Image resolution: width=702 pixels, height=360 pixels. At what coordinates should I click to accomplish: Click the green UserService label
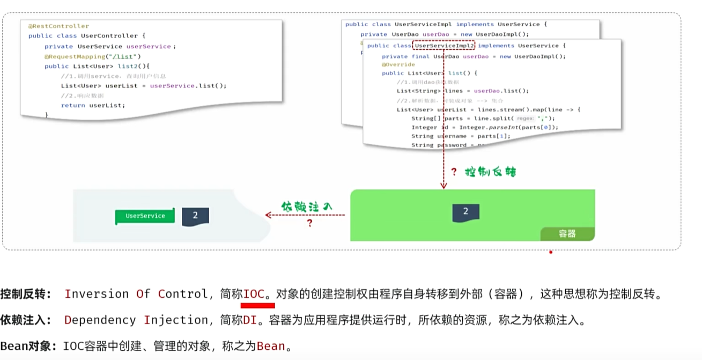[x=145, y=216]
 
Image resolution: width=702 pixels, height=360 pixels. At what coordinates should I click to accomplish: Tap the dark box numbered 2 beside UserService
[x=195, y=216]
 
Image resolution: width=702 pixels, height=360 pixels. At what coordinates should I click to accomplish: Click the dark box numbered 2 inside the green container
[x=465, y=212]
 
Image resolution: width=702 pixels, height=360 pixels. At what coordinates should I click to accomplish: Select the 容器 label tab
[x=567, y=233]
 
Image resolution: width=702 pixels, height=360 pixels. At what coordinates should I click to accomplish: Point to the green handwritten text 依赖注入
[x=307, y=206]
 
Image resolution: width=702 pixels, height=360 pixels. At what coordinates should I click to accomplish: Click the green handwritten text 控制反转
[x=490, y=172]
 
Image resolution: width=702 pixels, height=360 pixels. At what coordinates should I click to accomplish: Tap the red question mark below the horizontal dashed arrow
[x=309, y=223]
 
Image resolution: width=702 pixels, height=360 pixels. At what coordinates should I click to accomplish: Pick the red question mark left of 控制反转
[x=454, y=172]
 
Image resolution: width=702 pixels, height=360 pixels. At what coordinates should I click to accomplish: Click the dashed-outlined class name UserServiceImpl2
[x=444, y=46]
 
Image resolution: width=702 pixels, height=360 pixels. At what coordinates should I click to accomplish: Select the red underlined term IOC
[x=254, y=294]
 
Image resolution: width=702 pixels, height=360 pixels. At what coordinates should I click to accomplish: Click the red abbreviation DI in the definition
[x=250, y=320]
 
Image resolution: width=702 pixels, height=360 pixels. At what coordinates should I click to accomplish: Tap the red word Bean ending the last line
[x=271, y=346]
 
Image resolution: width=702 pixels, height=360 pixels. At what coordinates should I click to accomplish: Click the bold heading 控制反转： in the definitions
[x=26, y=294]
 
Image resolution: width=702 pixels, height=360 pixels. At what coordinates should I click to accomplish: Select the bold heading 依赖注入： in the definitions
[x=26, y=320]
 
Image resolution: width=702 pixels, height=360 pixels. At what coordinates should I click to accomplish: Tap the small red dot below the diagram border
[x=551, y=252]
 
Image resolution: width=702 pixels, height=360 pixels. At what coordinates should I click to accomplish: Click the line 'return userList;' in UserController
[x=93, y=105]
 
